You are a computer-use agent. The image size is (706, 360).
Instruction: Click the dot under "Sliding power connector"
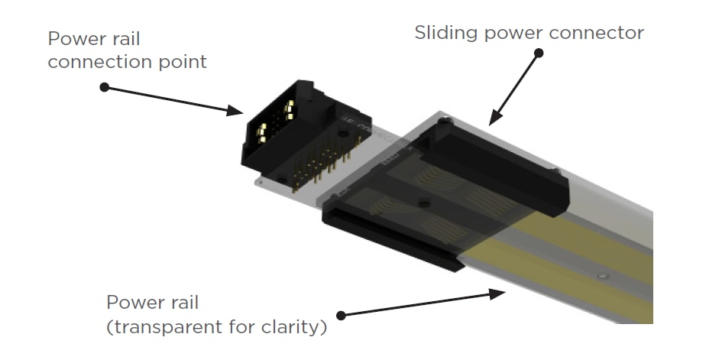[x=539, y=54]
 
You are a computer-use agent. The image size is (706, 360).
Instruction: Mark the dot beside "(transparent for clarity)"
[x=341, y=314]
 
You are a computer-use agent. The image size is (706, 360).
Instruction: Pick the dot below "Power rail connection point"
[x=105, y=87]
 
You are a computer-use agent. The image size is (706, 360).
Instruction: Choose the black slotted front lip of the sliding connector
[x=390, y=238]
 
